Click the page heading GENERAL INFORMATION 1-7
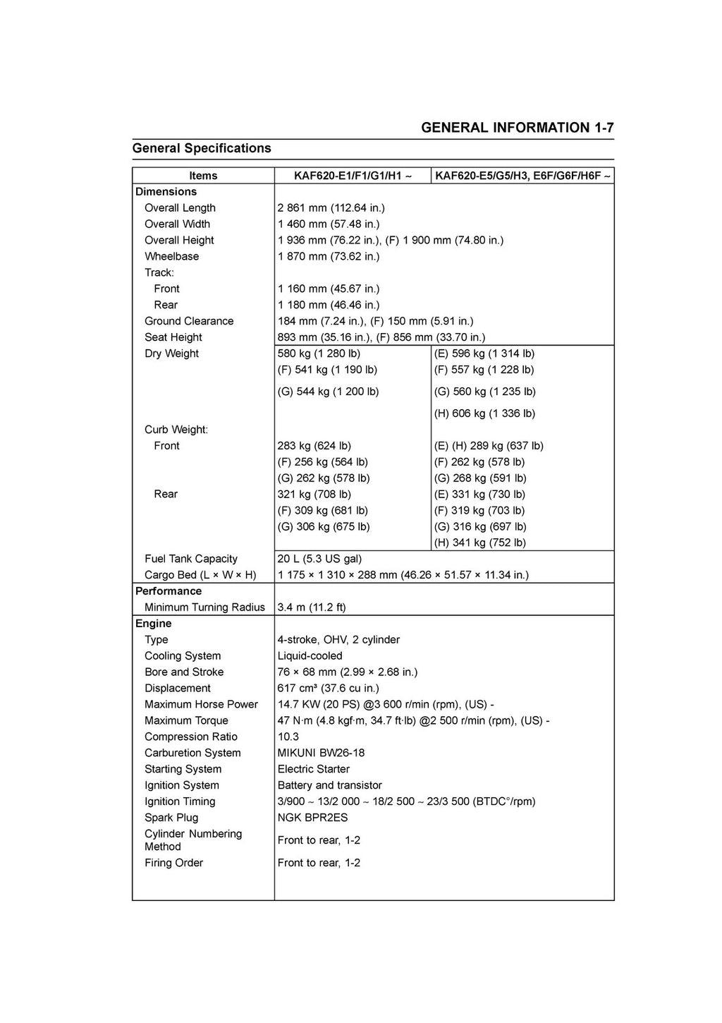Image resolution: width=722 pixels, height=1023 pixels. click(517, 128)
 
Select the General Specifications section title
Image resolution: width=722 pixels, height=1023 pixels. click(202, 148)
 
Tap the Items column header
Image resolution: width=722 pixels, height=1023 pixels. click(203, 176)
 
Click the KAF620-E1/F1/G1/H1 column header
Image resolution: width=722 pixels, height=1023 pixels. click(353, 176)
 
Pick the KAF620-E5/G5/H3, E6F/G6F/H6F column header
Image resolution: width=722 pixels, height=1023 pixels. click(522, 176)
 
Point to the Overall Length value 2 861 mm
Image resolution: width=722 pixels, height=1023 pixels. click(331, 208)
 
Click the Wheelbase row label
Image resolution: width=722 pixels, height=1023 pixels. click(171, 257)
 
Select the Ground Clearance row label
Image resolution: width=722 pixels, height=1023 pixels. click(189, 321)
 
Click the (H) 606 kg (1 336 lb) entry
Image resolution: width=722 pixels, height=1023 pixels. click(484, 413)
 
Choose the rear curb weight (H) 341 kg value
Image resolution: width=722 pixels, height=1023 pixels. click(479, 543)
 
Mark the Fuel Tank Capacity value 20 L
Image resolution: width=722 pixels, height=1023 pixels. click(319, 559)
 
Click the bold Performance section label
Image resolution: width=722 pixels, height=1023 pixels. click(169, 591)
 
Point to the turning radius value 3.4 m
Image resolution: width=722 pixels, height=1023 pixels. click(312, 607)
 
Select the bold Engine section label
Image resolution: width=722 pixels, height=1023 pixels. click(154, 624)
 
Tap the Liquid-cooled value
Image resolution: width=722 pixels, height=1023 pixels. click(310, 656)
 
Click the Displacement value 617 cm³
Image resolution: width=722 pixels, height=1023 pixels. click(328, 689)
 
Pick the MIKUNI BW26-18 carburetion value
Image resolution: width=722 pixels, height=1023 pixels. click(321, 753)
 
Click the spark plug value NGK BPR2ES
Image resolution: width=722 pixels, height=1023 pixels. click(312, 818)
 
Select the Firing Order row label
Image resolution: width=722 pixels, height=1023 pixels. click(173, 863)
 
